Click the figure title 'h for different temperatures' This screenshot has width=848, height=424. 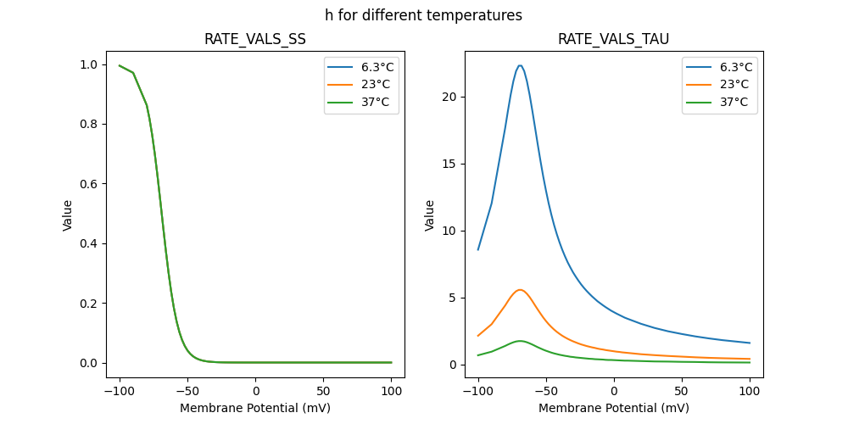tap(423, 15)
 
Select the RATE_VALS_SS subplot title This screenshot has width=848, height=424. tap(255, 40)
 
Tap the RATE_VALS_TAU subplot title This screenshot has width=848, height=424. tap(614, 40)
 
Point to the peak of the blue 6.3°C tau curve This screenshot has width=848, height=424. tap(520, 65)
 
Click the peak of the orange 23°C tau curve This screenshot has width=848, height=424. tap(520, 290)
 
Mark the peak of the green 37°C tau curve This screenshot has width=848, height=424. tap(520, 341)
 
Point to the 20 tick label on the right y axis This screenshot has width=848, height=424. tap(450, 97)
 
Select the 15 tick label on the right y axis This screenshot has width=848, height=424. tap(450, 164)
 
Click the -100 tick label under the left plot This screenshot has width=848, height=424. tap(119, 390)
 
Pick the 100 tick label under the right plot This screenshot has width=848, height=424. tap(750, 390)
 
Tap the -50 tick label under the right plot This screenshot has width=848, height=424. tap(545, 390)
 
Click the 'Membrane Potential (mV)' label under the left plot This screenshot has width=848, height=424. tap(255, 408)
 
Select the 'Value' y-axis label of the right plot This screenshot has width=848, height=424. tap(430, 215)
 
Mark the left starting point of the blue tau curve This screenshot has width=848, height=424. tap(478, 249)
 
